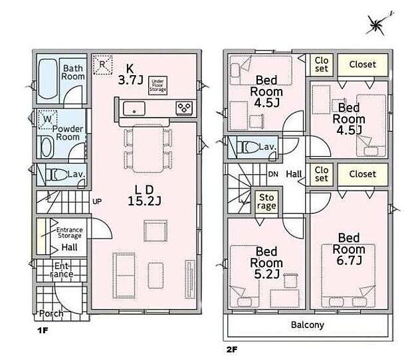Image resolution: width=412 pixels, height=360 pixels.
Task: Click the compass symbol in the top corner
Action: click(x=377, y=25)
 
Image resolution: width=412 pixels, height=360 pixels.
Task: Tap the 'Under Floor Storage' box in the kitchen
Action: click(x=157, y=85)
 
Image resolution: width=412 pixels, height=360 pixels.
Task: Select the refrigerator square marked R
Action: click(x=102, y=64)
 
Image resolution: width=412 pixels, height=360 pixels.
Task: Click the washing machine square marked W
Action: click(x=48, y=120)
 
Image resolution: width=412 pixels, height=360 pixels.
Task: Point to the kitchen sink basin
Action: click(x=134, y=108)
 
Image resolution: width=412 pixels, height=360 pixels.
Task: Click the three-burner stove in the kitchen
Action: click(x=184, y=108)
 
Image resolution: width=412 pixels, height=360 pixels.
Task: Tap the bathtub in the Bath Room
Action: click(x=48, y=79)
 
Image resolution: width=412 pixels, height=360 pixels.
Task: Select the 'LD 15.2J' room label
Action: click(x=144, y=195)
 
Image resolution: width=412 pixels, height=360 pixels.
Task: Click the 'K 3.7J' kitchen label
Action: click(x=130, y=74)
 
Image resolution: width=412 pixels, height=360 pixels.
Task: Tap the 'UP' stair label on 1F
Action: click(x=97, y=202)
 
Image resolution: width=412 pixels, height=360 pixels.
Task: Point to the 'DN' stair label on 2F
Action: click(x=273, y=174)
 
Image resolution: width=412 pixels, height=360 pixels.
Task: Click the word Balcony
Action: click(x=308, y=325)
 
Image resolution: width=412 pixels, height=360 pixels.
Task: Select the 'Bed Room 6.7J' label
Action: click(x=349, y=249)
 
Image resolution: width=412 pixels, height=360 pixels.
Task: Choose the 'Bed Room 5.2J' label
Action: click(x=266, y=263)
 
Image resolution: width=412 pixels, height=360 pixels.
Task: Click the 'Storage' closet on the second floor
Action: click(x=266, y=201)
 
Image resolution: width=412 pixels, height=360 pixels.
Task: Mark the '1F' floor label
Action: click(x=43, y=330)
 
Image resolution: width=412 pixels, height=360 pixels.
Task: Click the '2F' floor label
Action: click(x=231, y=349)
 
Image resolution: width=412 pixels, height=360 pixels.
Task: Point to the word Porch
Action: click(x=51, y=314)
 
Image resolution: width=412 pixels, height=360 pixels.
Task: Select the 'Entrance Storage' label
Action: click(x=70, y=232)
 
